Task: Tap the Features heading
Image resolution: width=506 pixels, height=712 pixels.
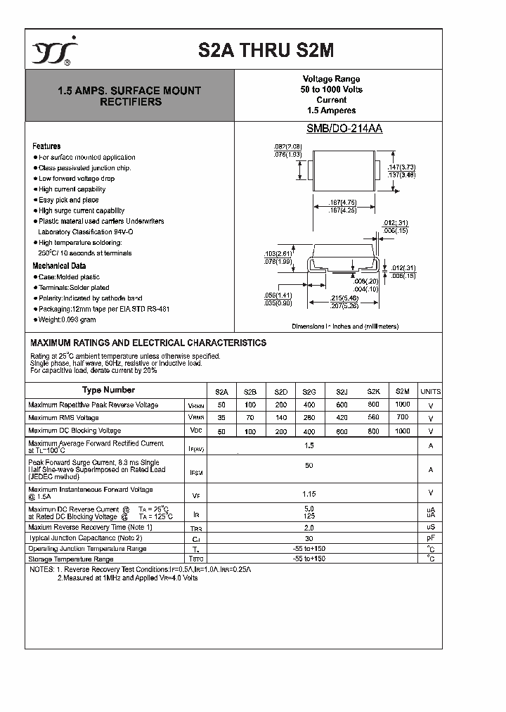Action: (46, 146)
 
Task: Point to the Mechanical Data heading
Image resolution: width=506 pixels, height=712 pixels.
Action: (59, 266)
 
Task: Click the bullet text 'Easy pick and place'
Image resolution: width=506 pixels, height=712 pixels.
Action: (68, 200)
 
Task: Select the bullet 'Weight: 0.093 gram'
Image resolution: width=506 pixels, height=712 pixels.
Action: (67, 319)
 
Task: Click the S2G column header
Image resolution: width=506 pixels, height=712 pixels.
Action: (309, 392)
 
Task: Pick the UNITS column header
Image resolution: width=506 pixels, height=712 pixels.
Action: (430, 392)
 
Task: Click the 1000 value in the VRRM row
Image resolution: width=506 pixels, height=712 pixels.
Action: (402, 405)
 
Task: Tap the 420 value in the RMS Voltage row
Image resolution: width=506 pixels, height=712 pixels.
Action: (342, 417)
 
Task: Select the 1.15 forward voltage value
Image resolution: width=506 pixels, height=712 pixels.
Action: (309, 493)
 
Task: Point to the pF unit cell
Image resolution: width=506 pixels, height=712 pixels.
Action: (430, 538)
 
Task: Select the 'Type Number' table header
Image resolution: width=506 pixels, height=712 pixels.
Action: (108, 390)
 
